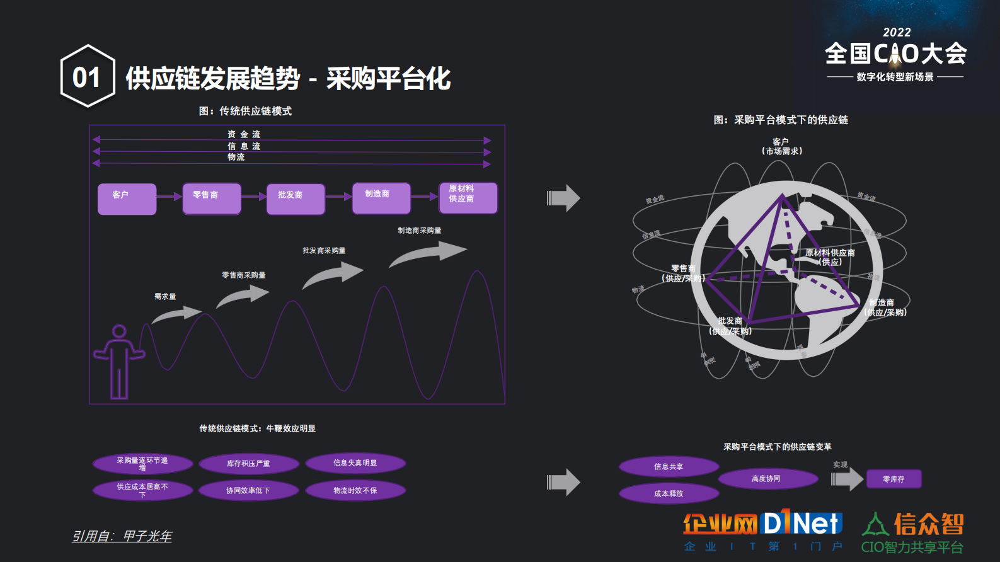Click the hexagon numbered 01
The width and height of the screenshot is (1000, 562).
[88, 77]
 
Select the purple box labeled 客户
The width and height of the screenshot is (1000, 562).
[127, 199]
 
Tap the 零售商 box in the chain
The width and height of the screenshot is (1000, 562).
[212, 198]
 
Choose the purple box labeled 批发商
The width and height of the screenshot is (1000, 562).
[296, 199]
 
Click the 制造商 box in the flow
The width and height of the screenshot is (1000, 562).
[381, 198]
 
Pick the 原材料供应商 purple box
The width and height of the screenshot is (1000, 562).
[468, 198]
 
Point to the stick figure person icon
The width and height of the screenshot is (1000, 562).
[118, 362]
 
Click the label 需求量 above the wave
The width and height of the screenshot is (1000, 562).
[165, 297]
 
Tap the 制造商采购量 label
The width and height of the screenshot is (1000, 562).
[419, 231]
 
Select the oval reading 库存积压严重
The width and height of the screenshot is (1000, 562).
[248, 464]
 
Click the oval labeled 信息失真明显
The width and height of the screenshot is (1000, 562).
[355, 463]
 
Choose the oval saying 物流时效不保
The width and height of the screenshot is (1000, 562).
[355, 491]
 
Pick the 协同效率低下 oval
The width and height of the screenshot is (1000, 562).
[248, 491]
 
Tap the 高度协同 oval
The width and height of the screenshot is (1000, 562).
[766, 479]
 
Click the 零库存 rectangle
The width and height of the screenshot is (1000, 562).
[894, 479]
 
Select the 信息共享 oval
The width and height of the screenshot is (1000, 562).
[669, 467]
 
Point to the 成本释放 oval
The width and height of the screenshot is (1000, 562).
[669, 494]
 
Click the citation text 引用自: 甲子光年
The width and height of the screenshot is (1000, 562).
[122, 536]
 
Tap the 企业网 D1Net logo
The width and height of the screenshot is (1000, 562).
[762, 530]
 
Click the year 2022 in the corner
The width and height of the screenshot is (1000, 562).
[897, 33]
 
